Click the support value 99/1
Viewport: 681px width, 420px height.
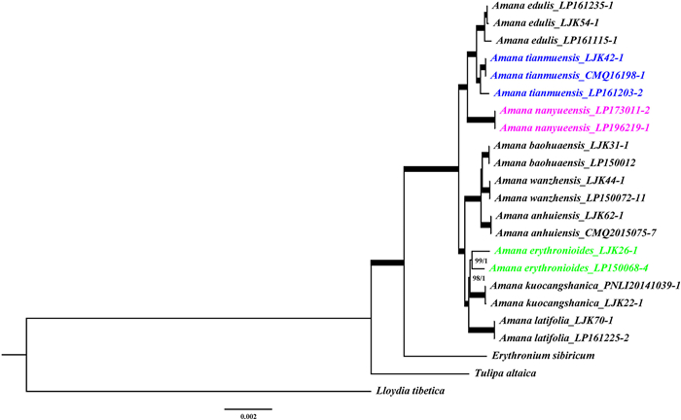click(479, 261)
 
